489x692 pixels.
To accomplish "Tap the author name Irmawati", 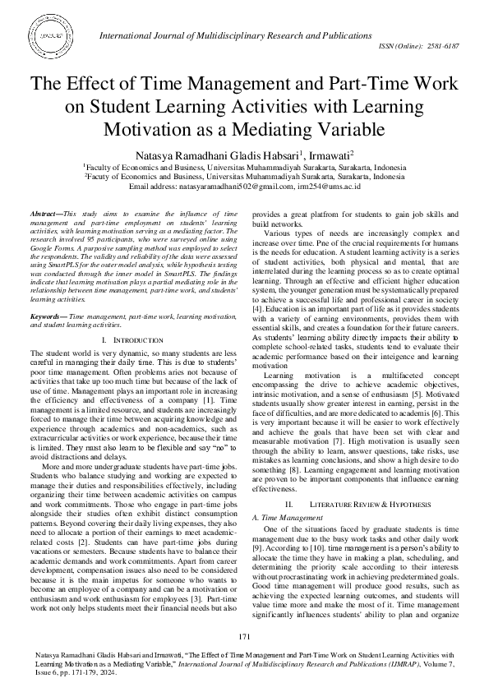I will click(x=326, y=155).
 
